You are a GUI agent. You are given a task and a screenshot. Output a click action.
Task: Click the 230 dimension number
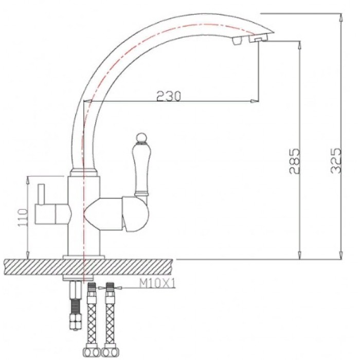(169, 96)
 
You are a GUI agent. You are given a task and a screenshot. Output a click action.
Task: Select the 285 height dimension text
(295, 161)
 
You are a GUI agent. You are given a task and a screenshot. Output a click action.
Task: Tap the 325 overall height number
(336, 160)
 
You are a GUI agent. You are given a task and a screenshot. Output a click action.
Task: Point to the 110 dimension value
(23, 217)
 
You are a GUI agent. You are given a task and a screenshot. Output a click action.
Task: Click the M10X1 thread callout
(157, 284)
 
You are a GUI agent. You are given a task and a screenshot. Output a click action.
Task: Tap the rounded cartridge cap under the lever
(135, 213)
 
